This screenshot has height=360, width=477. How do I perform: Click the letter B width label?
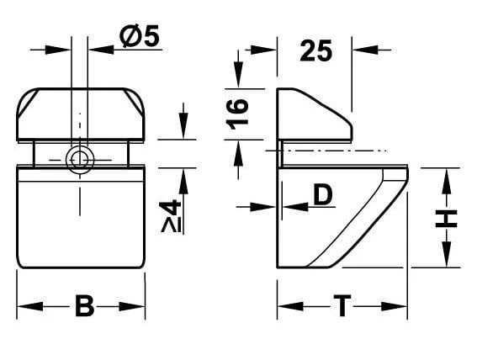tap(83, 306)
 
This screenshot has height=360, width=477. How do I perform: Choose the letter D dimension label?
tap(323, 195)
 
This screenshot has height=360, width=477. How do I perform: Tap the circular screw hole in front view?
tap(80, 158)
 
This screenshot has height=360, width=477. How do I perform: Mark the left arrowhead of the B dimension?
tap(24, 306)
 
